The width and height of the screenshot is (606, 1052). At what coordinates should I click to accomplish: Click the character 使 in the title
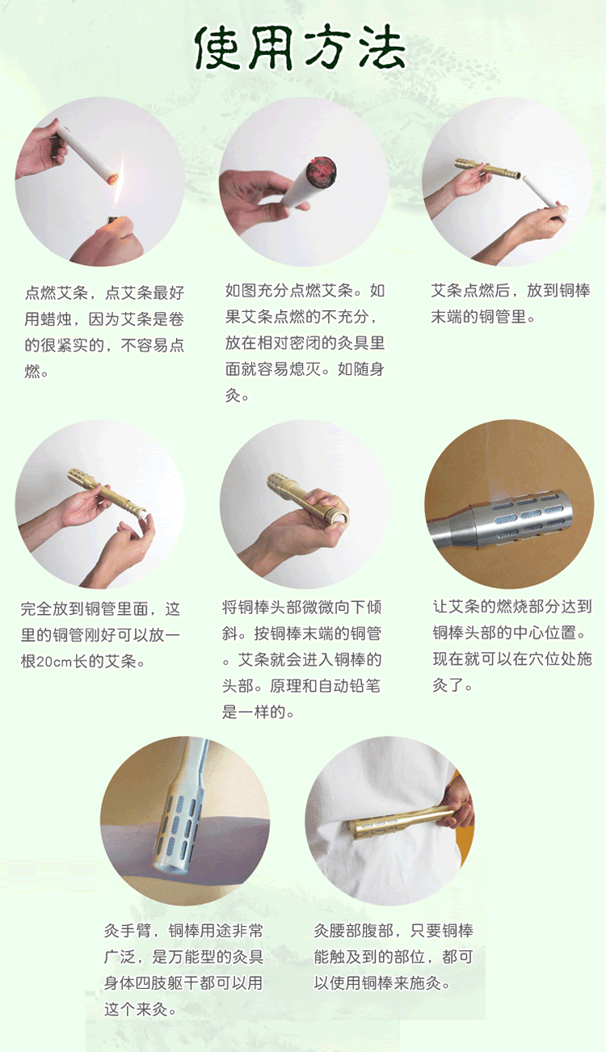[x=221, y=48]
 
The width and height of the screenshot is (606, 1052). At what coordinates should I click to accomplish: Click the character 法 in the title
[x=381, y=48]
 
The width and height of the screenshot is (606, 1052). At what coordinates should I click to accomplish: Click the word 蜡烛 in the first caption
[x=65, y=318]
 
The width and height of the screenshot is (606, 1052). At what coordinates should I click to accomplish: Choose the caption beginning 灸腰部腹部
[x=393, y=957]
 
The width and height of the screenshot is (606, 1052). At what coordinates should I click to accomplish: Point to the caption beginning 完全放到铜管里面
[x=100, y=635]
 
